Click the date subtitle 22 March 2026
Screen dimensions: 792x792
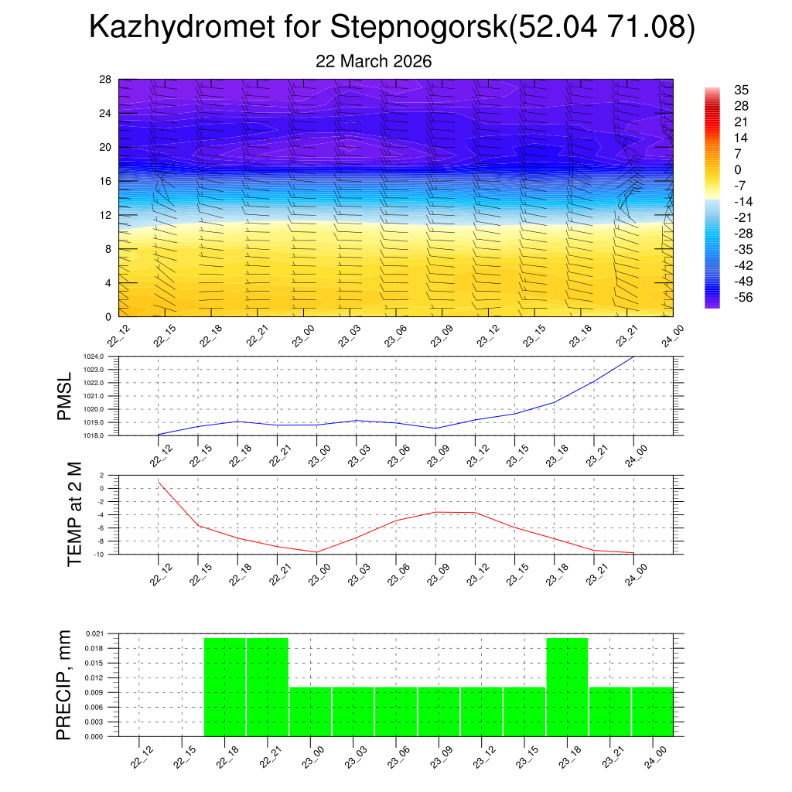pyautogui.click(x=374, y=62)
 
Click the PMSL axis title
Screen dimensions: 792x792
pyautogui.click(x=65, y=396)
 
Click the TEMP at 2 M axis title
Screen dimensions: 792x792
pyautogui.click(x=75, y=514)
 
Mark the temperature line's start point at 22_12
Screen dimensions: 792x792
pyautogui.click(x=159, y=482)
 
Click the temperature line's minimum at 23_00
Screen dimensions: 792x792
pyautogui.click(x=317, y=552)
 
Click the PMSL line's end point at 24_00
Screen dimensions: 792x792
pyautogui.click(x=634, y=357)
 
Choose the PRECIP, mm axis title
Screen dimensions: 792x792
pyautogui.click(x=64, y=684)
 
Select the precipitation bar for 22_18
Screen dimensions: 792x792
pyautogui.click(x=225, y=688)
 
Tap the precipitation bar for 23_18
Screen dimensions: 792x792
pyautogui.click(x=567, y=688)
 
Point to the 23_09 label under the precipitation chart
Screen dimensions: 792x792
pyautogui.click(x=438, y=760)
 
